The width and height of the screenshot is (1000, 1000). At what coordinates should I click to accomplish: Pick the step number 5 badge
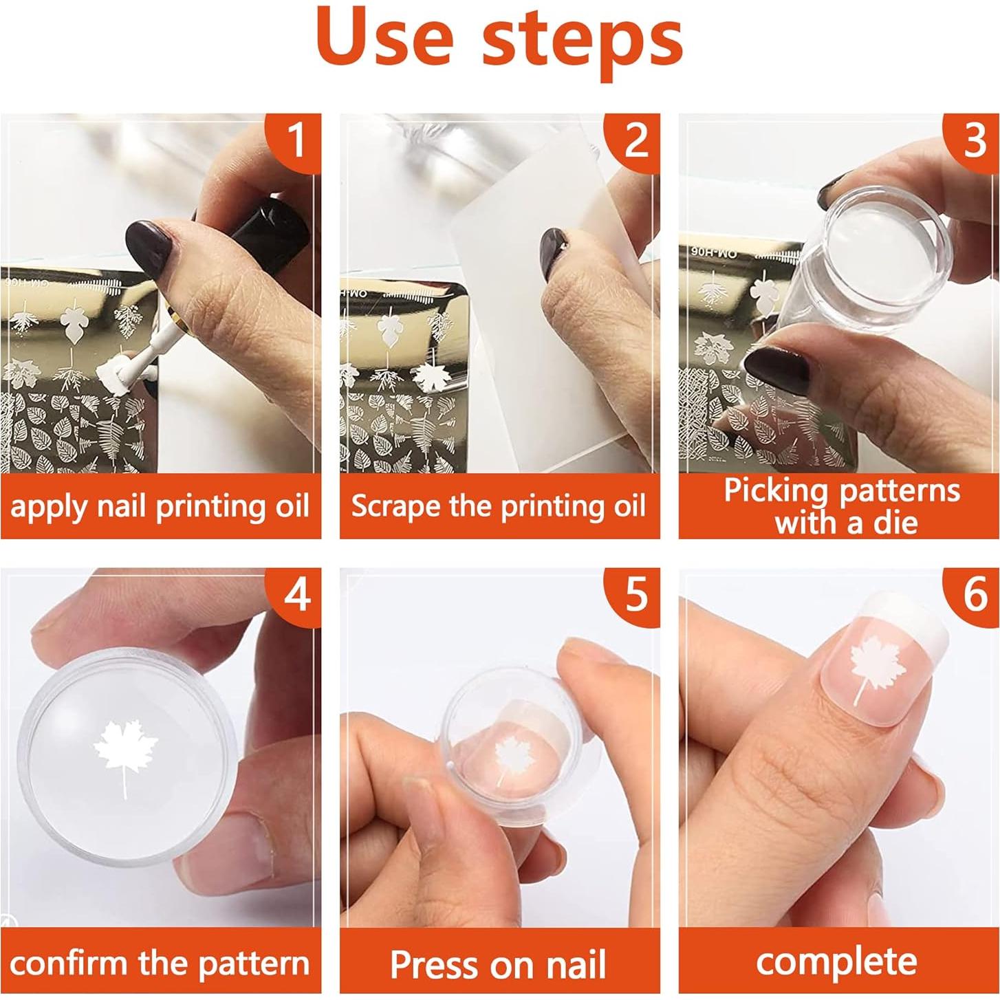633,595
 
